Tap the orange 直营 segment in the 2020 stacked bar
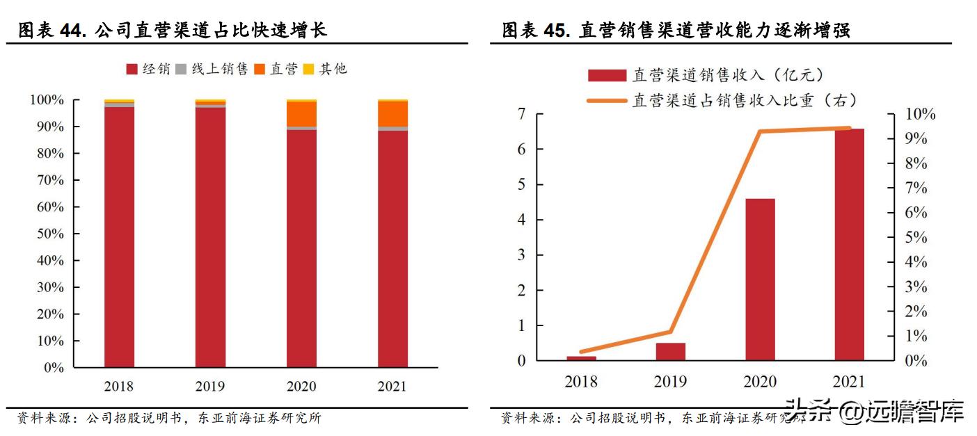click(301, 114)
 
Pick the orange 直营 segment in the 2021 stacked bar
click(392, 114)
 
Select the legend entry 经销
click(148, 69)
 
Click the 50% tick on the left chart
click(49, 234)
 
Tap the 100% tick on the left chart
click(47, 100)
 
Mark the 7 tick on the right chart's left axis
click(521, 114)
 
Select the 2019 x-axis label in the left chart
click(209, 387)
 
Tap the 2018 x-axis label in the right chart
click(581, 382)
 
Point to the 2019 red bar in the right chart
click(670, 352)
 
